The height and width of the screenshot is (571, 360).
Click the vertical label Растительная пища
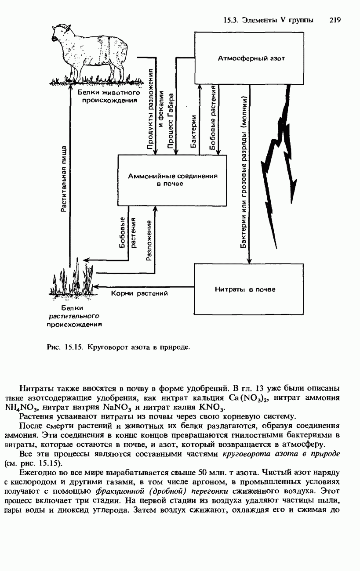[64, 179]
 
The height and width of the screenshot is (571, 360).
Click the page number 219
[335, 20]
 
